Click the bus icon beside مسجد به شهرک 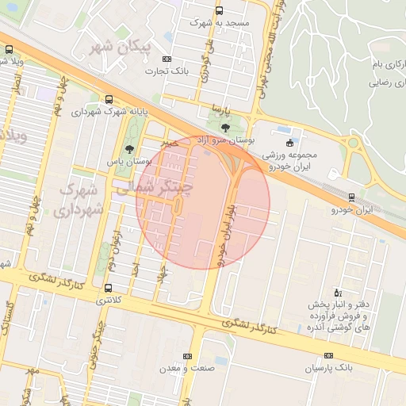[219, 11]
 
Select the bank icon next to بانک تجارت [167, 59]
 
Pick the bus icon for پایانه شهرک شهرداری [108, 99]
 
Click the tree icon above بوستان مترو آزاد [225, 127]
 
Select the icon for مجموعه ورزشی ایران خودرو [289, 143]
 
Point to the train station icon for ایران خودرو [352, 197]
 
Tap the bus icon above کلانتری [108, 288]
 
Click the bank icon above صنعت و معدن [187, 356]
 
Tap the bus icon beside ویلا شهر [9, 49]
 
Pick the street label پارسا [212, 106]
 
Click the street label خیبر [165, 143]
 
